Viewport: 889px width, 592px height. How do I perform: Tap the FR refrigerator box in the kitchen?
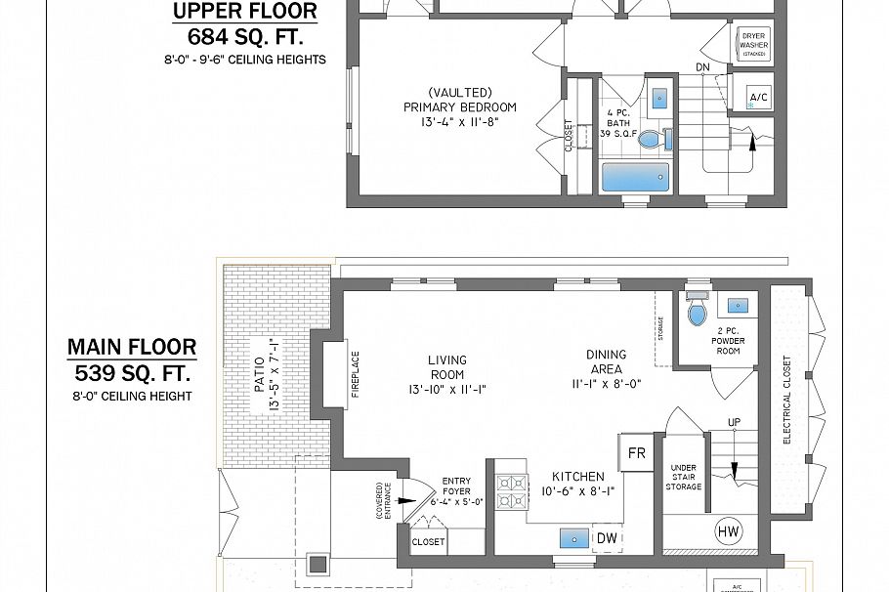pyautogui.click(x=636, y=452)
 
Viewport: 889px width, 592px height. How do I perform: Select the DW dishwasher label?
pyautogui.click(x=607, y=537)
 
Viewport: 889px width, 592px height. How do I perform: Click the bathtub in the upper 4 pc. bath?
pyautogui.click(x=635, y=179)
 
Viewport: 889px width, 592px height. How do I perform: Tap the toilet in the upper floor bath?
pyautogui.click(x=652, y=140)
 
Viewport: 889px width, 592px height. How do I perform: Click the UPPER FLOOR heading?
pyautogui.click(x=244, y=12)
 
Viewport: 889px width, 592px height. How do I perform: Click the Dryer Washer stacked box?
pyautogui.click(x=753, y=44)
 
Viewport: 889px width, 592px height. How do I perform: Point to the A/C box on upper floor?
pyautogui.click(x=758, y=96)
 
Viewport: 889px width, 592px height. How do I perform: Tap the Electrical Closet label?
pyautogui.click(x=787, y=400)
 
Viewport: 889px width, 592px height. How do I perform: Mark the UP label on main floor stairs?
pyautogui.click(x=734, y=422)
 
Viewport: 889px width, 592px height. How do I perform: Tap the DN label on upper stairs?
pyautogui.click(x=702, y=67)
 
